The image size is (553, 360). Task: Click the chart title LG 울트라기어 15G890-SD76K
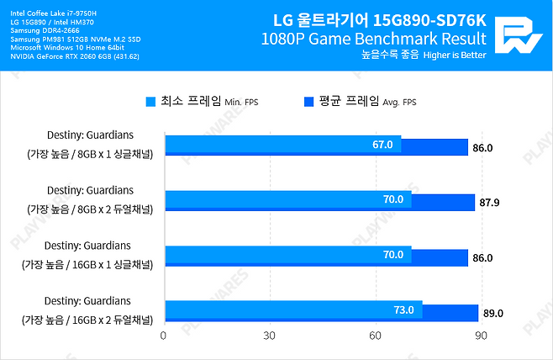coord(379,19)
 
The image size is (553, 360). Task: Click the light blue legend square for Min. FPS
coord(150,102)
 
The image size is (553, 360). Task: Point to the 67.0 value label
coord(382,145)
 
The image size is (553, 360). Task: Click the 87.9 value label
coord(489,203)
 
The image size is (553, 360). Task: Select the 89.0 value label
coord(493,314)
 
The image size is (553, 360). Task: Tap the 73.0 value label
coord(404,310)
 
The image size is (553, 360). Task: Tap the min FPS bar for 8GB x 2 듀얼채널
coord(286,199)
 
